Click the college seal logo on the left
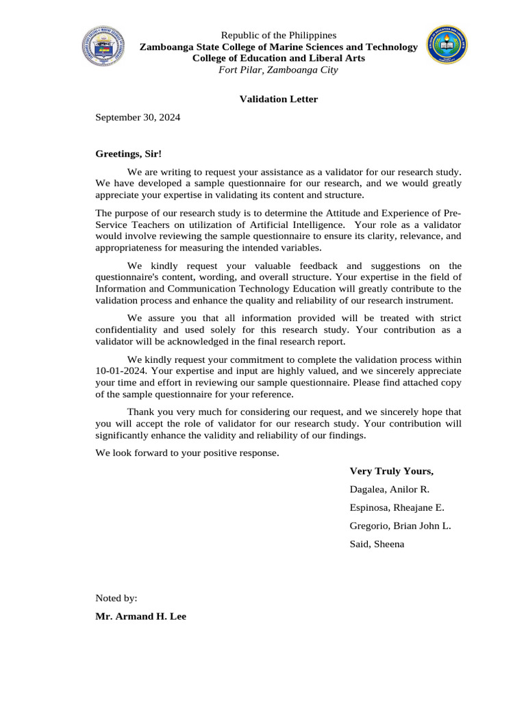point(104,46)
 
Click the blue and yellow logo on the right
point(447,46)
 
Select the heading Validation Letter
point(278,99)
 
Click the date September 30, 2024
point(138,118)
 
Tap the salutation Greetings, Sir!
point(128,155)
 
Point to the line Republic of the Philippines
point(278,35)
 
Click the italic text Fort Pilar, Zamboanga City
point(278,70)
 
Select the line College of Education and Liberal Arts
point(278,58)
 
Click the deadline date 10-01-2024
point(118,370)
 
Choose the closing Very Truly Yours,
point(391,471)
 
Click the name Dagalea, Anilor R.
point(389,489)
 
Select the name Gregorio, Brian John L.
point(400,526)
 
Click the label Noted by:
point(116,598)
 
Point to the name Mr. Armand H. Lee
point(140,616)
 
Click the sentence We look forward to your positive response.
point(187,453)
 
